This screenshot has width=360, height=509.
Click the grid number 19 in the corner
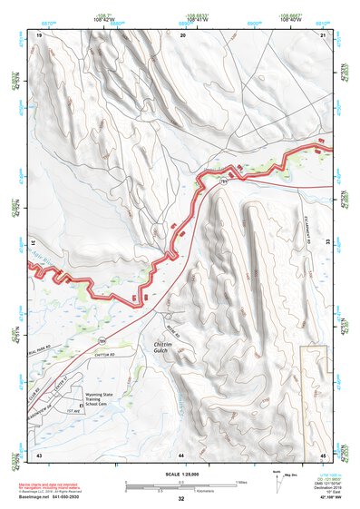(x=39, y=34)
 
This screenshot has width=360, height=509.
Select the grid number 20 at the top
(x=183, y=34)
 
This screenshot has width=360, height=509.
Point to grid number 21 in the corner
(x=323, y=34)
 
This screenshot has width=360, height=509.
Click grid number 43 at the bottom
(x=39, y=453)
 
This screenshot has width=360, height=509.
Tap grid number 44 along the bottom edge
(x=181, y=453)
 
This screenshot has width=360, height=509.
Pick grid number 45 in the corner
(x=323, y=453)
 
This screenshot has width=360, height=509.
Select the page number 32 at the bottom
(x=181, y=499)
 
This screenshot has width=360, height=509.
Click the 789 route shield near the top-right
(x=223, y=182)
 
